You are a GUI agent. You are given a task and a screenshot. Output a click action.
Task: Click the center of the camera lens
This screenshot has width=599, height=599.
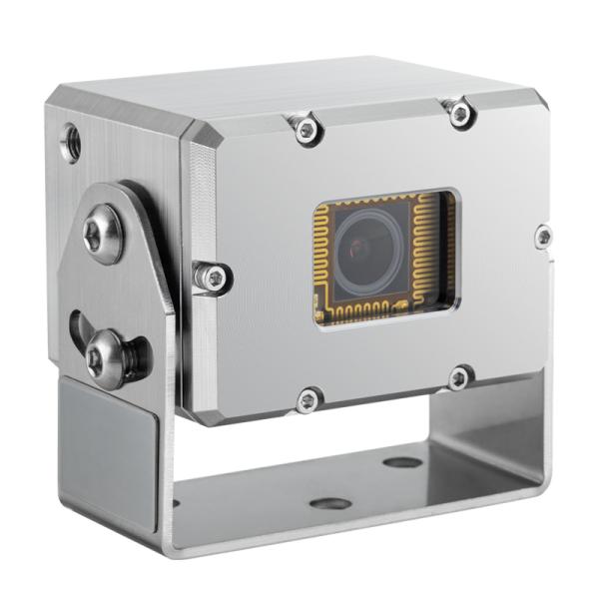[364, 252]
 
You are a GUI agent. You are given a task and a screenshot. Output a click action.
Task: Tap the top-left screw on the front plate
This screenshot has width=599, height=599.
[302, 125]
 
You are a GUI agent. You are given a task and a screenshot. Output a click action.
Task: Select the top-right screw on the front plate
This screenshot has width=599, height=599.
[460, 113]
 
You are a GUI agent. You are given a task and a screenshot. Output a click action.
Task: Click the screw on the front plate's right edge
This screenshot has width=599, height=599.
[543, 237]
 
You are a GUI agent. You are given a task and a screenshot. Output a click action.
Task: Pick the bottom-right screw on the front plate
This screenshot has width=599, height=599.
[460, 377]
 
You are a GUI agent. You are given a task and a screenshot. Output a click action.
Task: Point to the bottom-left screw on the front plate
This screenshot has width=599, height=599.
[308, 400]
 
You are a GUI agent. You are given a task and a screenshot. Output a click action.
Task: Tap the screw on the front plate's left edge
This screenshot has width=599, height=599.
[212, 277]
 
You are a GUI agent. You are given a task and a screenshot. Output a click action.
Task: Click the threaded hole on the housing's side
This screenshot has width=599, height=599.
[71, 143]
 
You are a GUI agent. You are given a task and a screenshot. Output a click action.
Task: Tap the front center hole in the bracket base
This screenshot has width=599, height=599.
[329, 502]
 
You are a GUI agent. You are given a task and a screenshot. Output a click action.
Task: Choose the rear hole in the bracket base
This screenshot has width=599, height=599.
[402, 462]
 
